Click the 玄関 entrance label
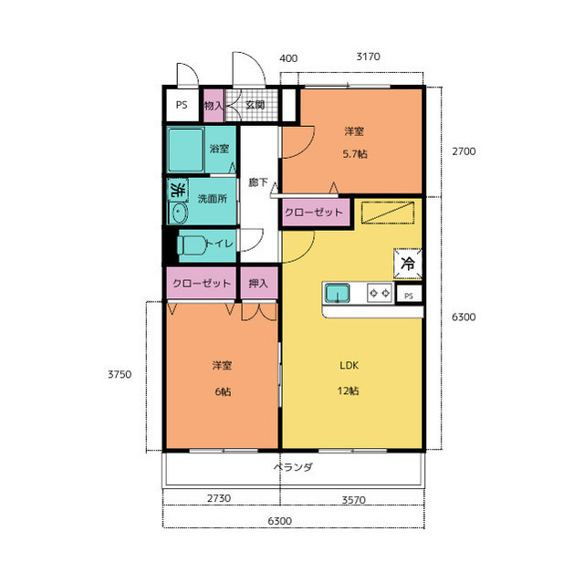[x=255, y=105]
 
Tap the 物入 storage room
[x=214, y=105]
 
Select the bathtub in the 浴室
[x=185, y=150]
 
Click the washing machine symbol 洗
[x=178, y=190]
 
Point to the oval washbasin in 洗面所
[x=179, y=213]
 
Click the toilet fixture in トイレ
[x=192, y=245]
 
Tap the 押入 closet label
[x=258, y=284]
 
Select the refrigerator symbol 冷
[x=408, y=264]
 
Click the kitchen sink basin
[x=338, y=293]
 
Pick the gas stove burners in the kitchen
[x=380, y=293]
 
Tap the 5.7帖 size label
[x=355, y=154]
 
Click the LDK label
[x=349, y=365]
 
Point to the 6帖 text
[x=223, y=391]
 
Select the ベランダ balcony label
[x=294, y=467]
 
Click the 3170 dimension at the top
[x=368, y=57]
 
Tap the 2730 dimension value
[x=219, y=498]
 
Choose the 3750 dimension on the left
[x=120, y=374]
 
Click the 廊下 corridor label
[x=258, y=182]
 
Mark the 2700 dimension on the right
[x=464, y=151]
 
